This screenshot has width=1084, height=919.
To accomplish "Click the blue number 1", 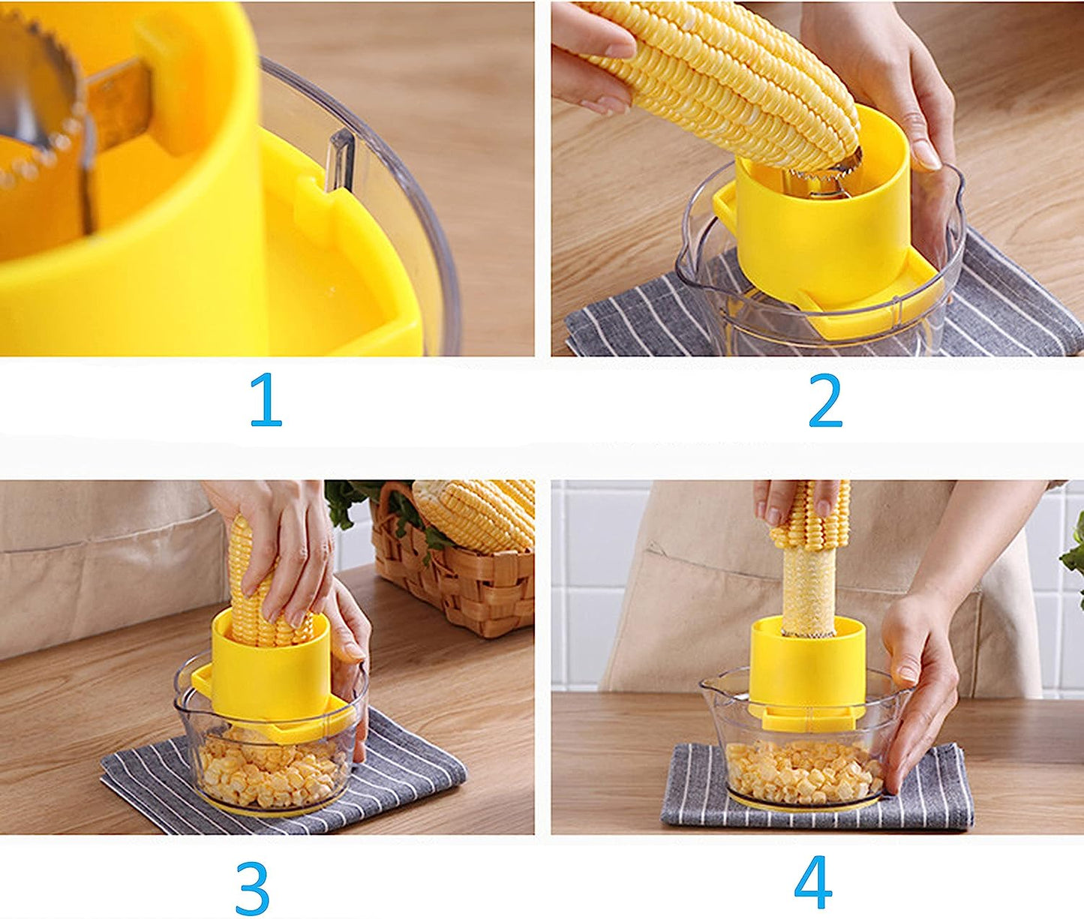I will click(266, 401).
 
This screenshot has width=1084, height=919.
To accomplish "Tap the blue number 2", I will click(825, 401).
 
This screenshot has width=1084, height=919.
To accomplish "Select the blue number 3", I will click(252, 888).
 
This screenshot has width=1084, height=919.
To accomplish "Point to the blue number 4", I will click(813, 882).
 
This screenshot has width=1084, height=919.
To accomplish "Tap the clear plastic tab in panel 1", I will click(341, 158).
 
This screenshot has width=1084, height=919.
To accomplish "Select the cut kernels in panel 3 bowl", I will click(270, 773).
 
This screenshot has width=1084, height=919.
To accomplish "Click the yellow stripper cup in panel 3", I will click(270, 675).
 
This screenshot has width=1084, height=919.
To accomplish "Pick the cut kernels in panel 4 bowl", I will click(803, 773).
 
